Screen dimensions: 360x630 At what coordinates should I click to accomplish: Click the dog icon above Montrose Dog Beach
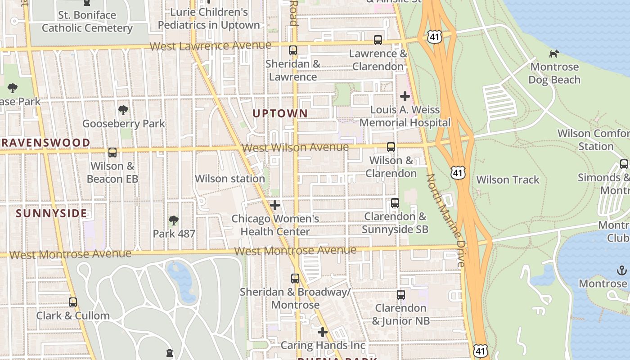[x=554, y=54]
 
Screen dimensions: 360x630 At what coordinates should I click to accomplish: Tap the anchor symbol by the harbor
[x=621, y=270]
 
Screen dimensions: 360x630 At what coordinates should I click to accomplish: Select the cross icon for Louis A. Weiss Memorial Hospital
[x=405, y=96]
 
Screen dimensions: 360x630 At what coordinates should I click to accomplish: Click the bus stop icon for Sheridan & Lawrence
[x=293, y=50]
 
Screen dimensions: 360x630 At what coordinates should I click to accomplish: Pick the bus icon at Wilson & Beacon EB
[x=112, y=153]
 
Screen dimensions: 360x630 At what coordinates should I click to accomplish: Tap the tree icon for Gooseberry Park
[x=123, y=110]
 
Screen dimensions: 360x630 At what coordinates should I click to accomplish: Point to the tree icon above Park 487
[x=173, y=220]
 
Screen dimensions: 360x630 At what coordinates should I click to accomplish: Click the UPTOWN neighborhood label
[x=280, y=113]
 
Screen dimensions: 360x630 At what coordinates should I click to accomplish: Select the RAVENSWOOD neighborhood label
[x=45, y=143]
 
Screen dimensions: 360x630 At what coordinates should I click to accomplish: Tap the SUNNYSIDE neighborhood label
[x=52, y=213]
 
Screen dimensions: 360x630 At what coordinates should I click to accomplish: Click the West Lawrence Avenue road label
[x=210, y=46]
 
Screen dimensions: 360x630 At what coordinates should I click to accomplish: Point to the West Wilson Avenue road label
[x=295, y=148]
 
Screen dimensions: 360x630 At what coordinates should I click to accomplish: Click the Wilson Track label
[x=508, y=180]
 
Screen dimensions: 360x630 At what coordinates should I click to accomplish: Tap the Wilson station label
[x=229, y=179]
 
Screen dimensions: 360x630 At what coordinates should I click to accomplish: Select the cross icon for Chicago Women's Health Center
[x=275, y=206]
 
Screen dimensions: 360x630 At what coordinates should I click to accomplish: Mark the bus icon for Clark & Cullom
[x=73, y=302]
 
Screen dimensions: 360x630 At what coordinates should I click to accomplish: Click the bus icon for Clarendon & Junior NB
[x=401, y=295]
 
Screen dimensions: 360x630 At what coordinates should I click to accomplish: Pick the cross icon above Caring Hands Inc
[x=323, y=333]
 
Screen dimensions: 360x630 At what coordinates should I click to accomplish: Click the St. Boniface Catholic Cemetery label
[x=87, y=22]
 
